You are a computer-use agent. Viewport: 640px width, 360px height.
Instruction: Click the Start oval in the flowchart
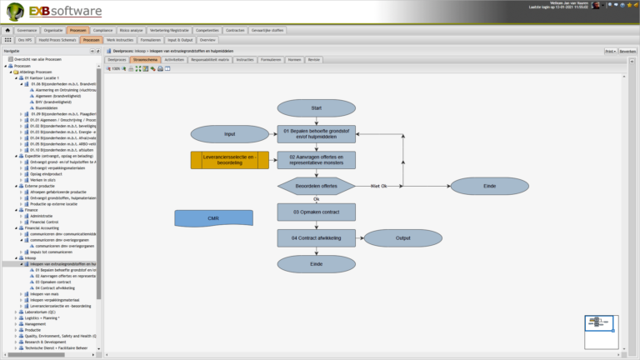click(316, 108)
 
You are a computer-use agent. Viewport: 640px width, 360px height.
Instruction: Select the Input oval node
click(229, 134)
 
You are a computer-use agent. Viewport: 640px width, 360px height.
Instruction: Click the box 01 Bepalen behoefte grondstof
click(316, 134)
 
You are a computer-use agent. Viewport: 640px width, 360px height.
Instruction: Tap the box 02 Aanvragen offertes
click(316, 159)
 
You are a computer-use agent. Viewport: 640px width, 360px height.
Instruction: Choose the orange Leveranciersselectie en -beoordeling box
click(229, 159)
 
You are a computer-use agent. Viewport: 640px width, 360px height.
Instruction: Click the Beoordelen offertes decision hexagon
click(316, 185)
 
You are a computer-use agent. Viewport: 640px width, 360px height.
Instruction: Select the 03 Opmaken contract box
click(316, 212)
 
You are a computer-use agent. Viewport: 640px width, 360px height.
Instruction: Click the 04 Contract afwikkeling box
click(316, 237)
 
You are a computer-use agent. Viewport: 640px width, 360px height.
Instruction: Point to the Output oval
click(403, 237)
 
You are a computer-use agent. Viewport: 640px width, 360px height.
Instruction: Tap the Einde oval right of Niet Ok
click(488, 185)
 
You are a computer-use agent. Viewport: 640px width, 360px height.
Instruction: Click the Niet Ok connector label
click(379, 185)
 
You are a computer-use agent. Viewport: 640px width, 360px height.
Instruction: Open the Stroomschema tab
click(145, 60)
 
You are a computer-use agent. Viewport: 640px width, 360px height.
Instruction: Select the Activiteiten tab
click(174, 60)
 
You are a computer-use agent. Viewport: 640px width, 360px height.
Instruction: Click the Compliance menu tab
click(102, 29)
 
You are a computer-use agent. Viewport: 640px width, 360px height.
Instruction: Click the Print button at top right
click(610, 51)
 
